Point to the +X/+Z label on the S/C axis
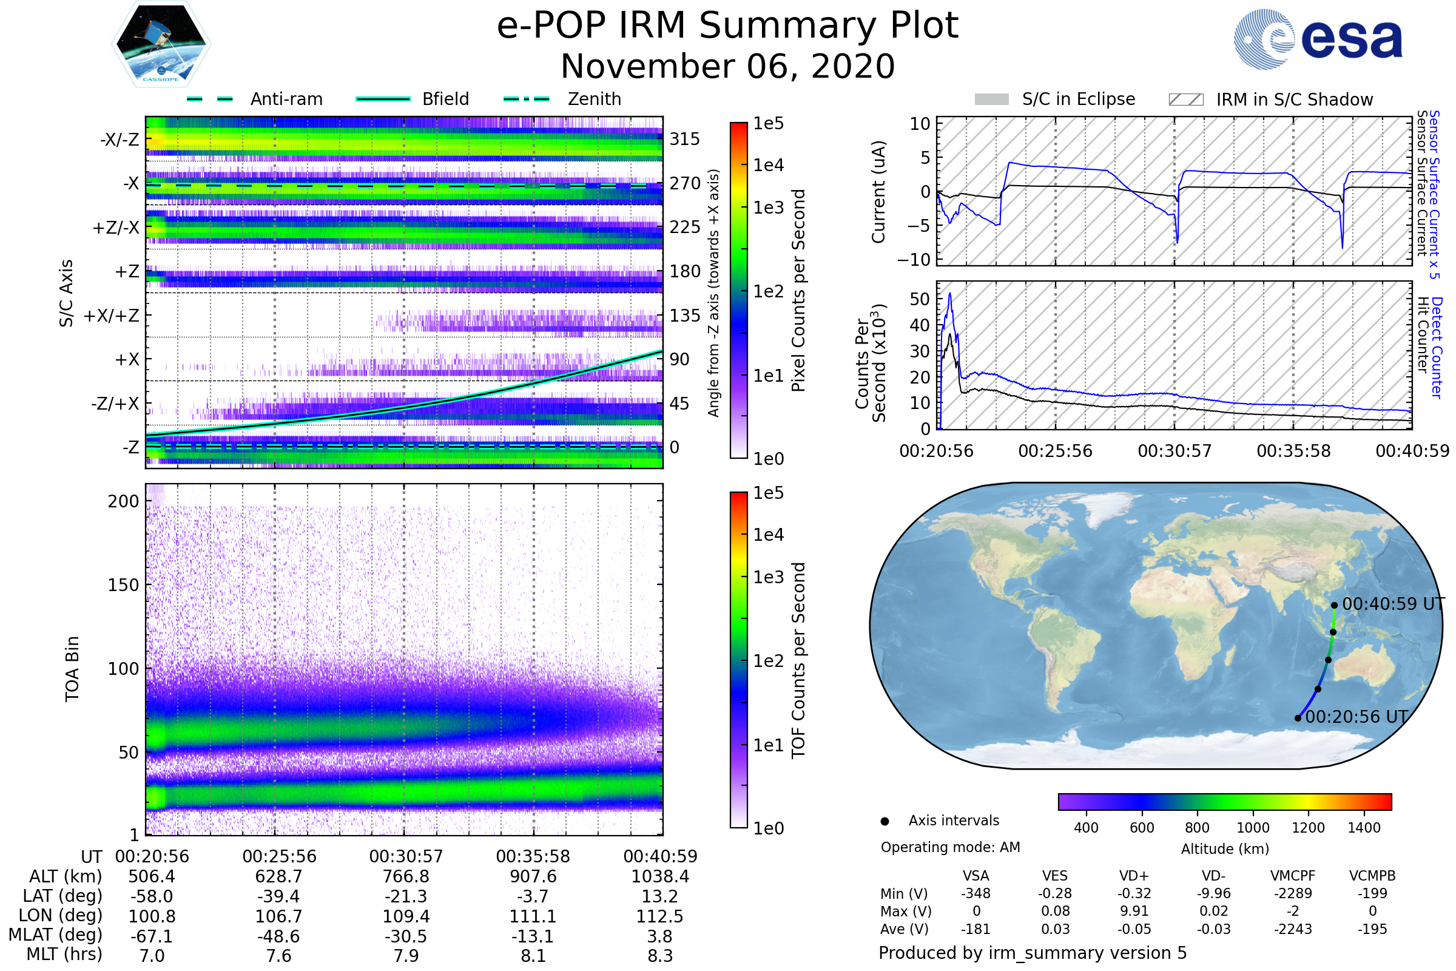point(112,316)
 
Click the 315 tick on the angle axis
point(684,139)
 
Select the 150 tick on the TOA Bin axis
point(123,585)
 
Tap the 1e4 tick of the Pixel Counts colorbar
point(768,165)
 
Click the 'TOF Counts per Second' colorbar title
point(798,660)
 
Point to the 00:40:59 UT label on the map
point(1393,604)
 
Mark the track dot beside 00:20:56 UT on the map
point(1298,719)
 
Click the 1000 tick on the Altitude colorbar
point(1252,828)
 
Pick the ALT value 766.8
point(406,876)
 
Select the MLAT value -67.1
point(152,936)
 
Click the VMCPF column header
point(1293,876)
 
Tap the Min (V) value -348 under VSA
point(976,893)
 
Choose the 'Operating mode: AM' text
point(950,847)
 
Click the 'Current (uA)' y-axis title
point(878,192)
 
